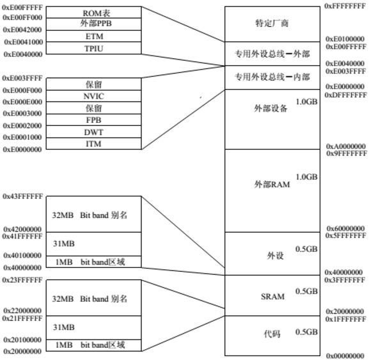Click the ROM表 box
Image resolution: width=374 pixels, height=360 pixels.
pyautogui.click(x=94, y=12)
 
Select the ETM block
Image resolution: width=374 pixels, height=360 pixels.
pyautogui.click(x=94, y=36)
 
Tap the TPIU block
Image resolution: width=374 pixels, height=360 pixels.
pyautogui.click(x=94, y=48)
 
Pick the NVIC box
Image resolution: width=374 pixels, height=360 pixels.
pyautogui.click(x=94, y=96)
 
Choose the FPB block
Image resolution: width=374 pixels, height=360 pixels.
pyautogui.click(x=94, y=120)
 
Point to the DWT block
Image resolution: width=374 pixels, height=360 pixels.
pyautogui.click(x=94, y=132)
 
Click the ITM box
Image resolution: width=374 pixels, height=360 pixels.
pyautogui.click(x=94, y=144)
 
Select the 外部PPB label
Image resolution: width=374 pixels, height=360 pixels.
pyautogui.click(x=96, y=24)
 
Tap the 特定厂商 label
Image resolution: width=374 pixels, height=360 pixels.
pyautogui.click(x=272, y=24)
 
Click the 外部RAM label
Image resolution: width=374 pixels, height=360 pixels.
pyautogui.click(x=272, y=184)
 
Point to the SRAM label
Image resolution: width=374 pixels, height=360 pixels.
pyautogui.click(x=272, y=297)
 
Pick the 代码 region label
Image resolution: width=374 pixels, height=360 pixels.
pyautogui.click(x=272, y=334)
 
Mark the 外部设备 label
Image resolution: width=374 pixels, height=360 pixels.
pyautogui.click(x=270, y=109)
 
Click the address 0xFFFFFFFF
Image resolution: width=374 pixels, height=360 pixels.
pyautogui.click(x=345, y=6)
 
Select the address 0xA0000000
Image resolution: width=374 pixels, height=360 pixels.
pyautogui.click(x=346, y=146)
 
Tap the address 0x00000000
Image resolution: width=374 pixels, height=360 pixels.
pyautogui.click(x=345, y=356)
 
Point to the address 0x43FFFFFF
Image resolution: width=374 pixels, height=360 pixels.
pyautogui.click(x=23, y=196)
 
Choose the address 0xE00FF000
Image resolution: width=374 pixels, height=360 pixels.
pyautogui.click(x=22, y=18)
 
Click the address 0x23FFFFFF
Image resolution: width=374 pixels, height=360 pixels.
pyautogui.click(x=22, y=280)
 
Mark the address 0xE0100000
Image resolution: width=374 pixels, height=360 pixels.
pyautogui.click(x=345, y=39)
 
